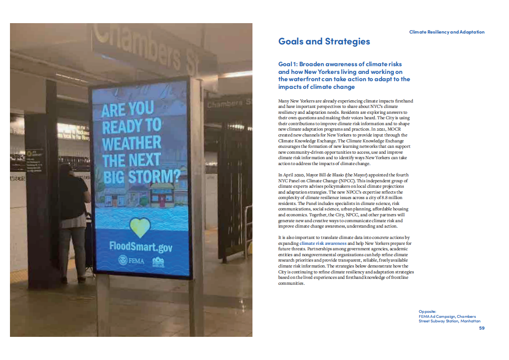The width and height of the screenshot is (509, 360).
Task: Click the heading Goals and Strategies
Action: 324,42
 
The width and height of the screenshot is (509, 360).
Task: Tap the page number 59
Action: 482,328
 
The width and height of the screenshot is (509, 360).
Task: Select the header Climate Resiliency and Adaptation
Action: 446,32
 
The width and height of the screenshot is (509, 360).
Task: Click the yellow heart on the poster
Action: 140,227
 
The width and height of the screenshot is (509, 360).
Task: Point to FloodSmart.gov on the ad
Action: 141,247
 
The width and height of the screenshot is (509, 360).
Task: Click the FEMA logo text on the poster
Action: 131,261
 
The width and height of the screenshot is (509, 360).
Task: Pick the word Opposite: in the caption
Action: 427,311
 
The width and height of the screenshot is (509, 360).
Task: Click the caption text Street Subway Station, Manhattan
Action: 449,321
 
